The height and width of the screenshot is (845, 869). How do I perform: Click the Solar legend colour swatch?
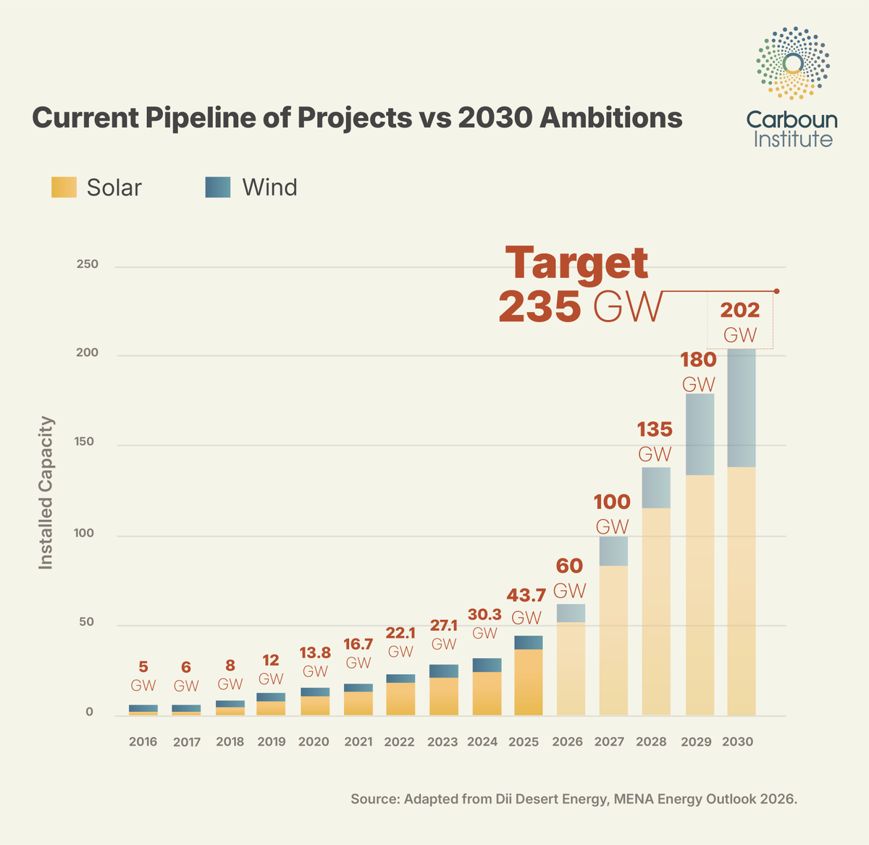point(64,187)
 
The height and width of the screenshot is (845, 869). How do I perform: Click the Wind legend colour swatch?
point(218,187)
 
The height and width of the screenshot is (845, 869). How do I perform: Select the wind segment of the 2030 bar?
point(742,408)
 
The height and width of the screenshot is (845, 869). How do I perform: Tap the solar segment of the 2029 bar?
point(700,594)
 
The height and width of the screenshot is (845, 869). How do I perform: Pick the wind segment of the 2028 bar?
point(656,487)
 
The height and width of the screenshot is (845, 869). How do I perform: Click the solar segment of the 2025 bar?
point(529,682)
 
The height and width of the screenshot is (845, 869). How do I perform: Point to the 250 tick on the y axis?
point(87,264)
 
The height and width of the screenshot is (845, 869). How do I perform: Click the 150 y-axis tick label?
point(85,442)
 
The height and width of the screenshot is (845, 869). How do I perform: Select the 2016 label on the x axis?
point(143,741)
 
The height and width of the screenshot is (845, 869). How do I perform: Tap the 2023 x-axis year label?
point(442,741)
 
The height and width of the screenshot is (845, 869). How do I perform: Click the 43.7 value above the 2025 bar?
point(526,595)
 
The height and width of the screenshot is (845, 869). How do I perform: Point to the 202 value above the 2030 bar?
point(739,310)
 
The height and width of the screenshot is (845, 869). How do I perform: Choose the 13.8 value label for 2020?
point(315,652)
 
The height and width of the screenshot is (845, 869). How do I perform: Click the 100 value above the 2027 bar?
point(612,501)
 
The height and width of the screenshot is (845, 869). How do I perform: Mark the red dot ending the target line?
point(776,291)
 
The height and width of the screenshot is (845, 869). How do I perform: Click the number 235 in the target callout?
point(540,307)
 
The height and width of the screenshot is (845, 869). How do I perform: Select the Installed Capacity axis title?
point(46,492)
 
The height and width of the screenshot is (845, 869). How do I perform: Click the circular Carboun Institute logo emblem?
point(793,63)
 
